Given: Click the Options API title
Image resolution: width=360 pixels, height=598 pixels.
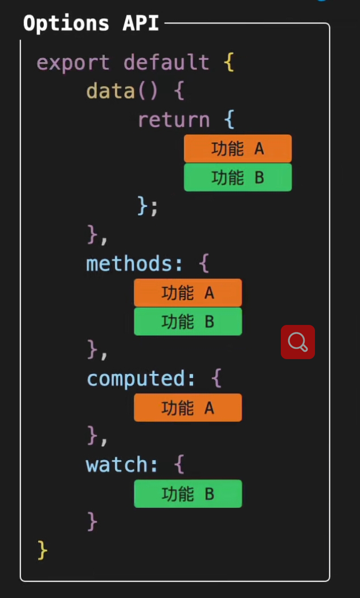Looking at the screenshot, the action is [x=91, y=23].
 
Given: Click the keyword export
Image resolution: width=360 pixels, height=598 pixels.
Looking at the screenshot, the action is [x=73, y=62].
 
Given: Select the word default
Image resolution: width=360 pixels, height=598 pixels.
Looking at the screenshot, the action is [x=166, y=62].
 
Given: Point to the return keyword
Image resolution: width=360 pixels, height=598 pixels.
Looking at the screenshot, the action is [x=174, y=120].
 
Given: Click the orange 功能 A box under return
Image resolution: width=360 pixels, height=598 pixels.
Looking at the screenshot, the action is [x=238, y=149].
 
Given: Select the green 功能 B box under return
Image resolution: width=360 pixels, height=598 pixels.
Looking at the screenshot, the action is [x=238, y=177].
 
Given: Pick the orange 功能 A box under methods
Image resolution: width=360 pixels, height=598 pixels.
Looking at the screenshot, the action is [x=187, y=293].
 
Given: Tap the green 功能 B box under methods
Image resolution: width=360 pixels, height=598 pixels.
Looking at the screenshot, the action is [x=187, y=322].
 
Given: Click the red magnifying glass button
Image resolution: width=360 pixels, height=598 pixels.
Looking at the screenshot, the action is [x=298, y=342].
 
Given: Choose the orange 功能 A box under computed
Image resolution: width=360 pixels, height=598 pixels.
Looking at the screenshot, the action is [x=187, y=408].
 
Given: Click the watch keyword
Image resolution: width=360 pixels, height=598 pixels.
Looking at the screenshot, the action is [x=116, y=465].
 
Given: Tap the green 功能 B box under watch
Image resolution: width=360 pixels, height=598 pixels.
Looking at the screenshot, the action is [x=187, y=494].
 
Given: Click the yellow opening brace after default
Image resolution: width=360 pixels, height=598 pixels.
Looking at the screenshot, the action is [x=229, y=62].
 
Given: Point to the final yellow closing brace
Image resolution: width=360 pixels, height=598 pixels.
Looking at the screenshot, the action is [x=42, y=551].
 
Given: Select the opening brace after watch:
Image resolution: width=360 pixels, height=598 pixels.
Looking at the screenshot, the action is [x=179, y=465].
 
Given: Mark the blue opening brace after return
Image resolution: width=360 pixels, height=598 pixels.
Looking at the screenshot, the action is [x=229, y=120].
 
